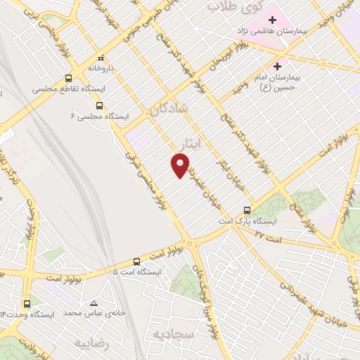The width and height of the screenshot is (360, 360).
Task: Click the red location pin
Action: click(180, 165)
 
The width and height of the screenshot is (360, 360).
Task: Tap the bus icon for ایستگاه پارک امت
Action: click(247, 210)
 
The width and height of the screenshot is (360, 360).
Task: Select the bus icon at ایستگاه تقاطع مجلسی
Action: click(68, 79)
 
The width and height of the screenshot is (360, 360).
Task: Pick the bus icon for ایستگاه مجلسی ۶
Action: click(98, 105)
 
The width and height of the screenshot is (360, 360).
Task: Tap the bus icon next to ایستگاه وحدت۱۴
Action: click(27, 304)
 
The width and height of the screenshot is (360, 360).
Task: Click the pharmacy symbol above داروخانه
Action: click(100, 58)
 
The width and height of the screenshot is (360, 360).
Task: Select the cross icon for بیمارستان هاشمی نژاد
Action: click(271, 20)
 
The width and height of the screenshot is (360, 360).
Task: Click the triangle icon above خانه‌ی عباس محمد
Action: click(94, 303)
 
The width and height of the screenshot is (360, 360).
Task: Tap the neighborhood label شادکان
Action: click(167, 110)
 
